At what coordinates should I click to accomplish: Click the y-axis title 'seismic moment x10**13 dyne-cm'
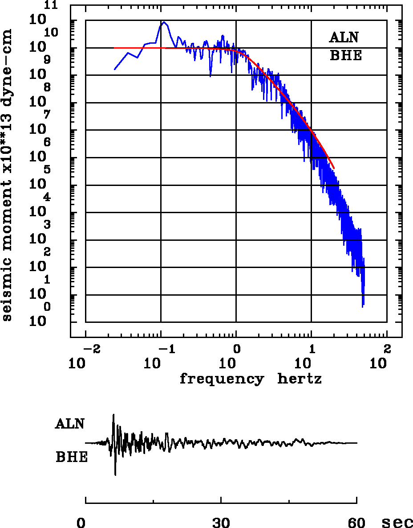pyautogui.click(x=7, y=175)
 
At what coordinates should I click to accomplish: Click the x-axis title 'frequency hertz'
pyautogui.click(x=251, y=379)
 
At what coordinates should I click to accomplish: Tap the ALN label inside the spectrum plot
pyautogui.click(x=344, y=37)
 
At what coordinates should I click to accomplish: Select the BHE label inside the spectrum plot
pyautogui.click(x=345, y=56)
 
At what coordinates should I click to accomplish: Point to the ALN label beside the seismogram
pyautogui.click(x=70, y=424)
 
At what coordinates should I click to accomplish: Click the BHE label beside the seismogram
pyautogui.click(x=72, y=458)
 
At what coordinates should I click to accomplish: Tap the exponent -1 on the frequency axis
pyautogui.click(x=166, y=348)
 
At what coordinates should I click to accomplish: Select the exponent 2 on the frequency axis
pyautogui.click(x=387, y=348)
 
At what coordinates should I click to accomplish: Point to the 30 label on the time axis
pyautogui.click(x=221, y=522)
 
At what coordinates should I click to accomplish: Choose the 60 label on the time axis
pyautogui.click(x=356, y=522)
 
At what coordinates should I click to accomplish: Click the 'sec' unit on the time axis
pyautogui.click(x=397, y=522)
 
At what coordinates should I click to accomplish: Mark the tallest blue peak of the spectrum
pyautogui.click(x=164, y=22)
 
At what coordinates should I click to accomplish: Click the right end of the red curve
pyautogui.click(x=334, y=169)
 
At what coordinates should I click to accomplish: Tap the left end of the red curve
pyautogui.click(x=114, y=48)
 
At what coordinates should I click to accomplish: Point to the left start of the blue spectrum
pyautogui.click(x=115, y=69)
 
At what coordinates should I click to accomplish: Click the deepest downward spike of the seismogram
pyautogui.click(x=115, y=475)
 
